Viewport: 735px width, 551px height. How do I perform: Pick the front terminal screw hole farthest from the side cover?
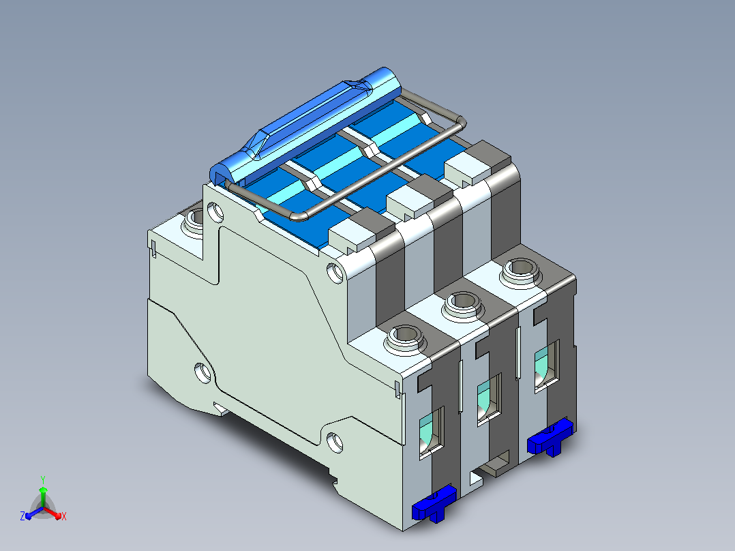(x=520, y=269)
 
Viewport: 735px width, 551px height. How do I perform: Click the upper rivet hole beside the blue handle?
(x=215, y=212)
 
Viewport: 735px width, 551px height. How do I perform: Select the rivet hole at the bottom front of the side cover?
(x=335, y=442)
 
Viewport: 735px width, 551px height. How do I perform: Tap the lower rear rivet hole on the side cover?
(x=202, y=373)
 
